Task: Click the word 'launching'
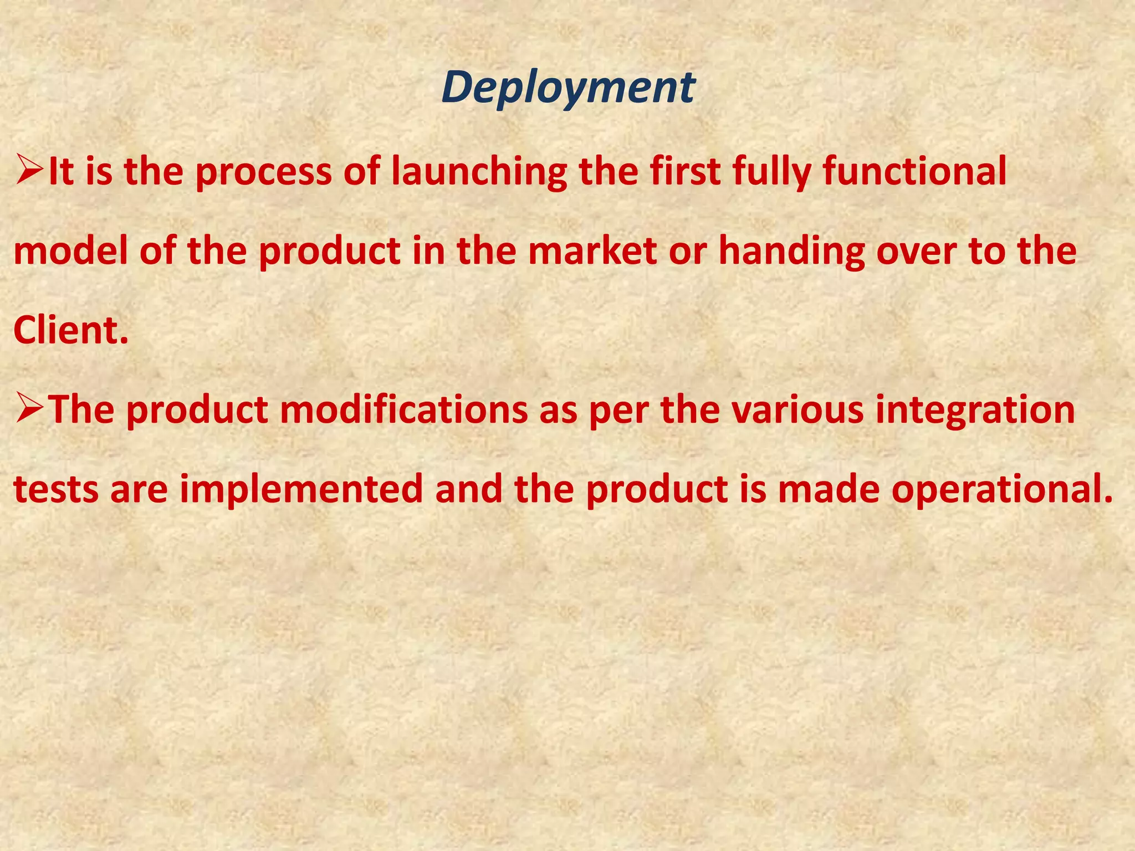[479, 172]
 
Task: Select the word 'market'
[592, 250]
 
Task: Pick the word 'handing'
[791, 252]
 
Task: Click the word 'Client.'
[70, 330]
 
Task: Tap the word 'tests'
[55, 490]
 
